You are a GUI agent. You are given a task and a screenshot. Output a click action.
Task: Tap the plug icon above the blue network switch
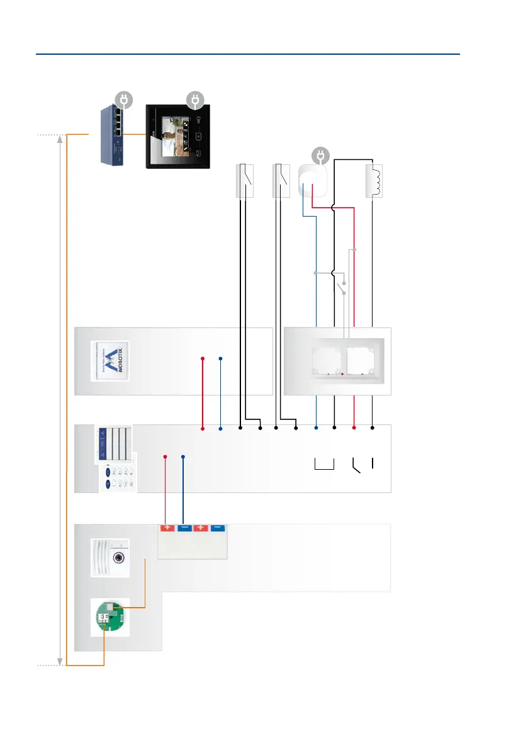click(124, 99)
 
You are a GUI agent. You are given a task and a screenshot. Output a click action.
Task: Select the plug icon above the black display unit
click(194, 99)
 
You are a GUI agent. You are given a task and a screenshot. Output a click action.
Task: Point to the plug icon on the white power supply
click(321, 155)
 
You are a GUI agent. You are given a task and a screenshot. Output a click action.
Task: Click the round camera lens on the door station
click(117, 557)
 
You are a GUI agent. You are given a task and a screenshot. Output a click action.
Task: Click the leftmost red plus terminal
click(166, 529)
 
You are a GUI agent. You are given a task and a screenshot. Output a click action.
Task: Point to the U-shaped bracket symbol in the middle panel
click(323, 465)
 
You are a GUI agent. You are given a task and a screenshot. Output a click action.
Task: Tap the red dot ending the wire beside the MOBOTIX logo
click(203, 359)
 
